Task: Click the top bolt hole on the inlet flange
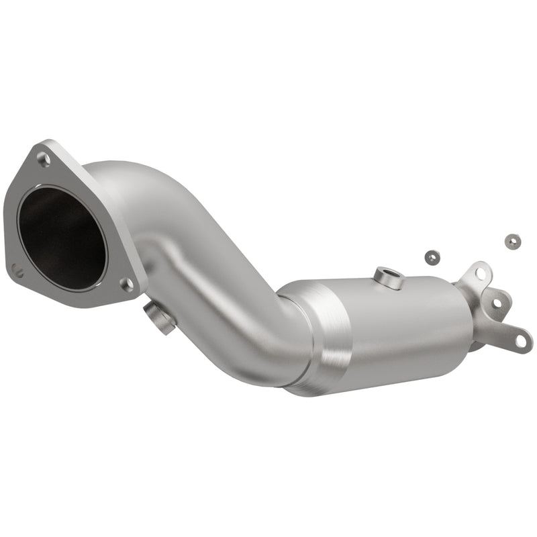click(x=43, y=159)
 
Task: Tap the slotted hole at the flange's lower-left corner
click(x=18, y=271)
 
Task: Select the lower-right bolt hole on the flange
click(x=126, y=284)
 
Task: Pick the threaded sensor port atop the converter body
click(x=389, y=277)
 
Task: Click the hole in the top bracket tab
click(x=481, y=273)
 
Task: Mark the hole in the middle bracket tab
click(x=497, y=303)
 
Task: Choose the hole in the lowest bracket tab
click(x=520, y=341)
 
